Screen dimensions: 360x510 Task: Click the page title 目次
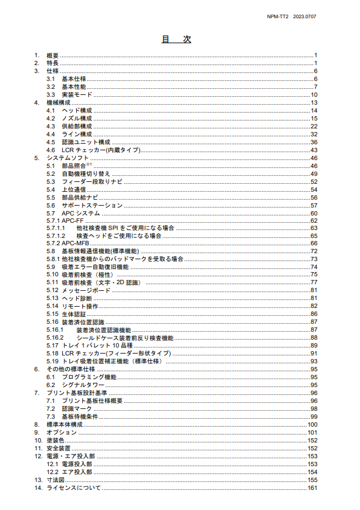coord(176,39)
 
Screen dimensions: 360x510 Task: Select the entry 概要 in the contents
coord(53,55)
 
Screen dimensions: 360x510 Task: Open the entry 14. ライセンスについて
coord(74,488)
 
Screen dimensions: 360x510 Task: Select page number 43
coord(314,150)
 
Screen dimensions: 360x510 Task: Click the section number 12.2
coord(52,472)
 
